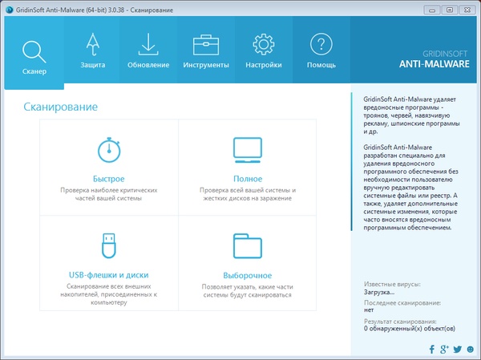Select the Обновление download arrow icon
pos(148,45)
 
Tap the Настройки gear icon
pos(264,45)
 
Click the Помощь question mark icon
pos(321,45)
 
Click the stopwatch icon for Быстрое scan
pos(109,150)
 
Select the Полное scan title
pos(248,178)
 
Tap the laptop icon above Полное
pos(248,150)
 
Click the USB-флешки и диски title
pos(109,274)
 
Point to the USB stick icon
pos(109,245)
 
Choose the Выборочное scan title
pos(248,275)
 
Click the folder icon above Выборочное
pos(248,245)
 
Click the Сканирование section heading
pos(60,107)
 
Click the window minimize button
pos(433,9)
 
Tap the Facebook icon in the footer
pos(432,349)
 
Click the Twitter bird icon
pos(457,349)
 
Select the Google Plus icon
pos(444,349)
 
